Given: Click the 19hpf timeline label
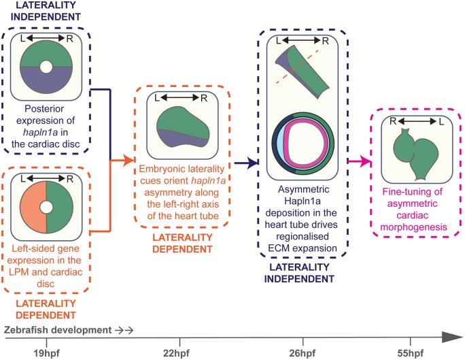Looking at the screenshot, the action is pos(46,353).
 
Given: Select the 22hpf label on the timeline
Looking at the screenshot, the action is pos(176,353).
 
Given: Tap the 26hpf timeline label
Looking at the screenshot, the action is pos(303,353).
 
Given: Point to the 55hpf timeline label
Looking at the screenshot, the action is pos(411,353).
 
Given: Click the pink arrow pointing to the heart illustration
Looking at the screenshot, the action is pos(360,161).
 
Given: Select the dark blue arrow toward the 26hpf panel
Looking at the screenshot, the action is pos(246,163).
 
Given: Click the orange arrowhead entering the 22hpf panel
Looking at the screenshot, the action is pos(129,161).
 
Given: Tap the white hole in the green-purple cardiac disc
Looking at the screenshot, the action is pos(46,67).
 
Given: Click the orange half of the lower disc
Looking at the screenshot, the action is pos(33,207).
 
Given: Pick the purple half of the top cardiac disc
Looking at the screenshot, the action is pos(46,81).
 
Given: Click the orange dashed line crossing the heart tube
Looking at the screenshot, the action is pos(298,67).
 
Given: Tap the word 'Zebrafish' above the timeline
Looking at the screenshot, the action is pos(26,330).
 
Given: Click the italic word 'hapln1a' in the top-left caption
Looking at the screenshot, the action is pos(44,133).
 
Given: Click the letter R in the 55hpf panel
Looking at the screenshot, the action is pos(393,121).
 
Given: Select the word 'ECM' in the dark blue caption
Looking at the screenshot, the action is pos(278,248).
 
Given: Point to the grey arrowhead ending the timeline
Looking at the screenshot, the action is pos(453,338).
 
